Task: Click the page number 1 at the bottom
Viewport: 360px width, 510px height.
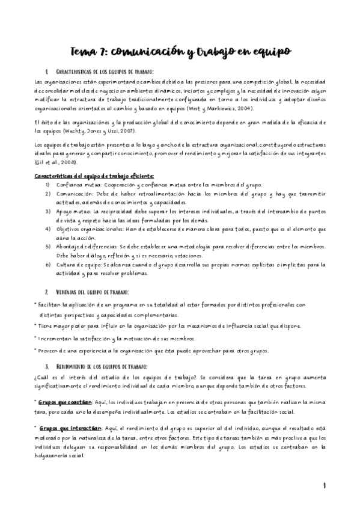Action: click(x=323, y=485)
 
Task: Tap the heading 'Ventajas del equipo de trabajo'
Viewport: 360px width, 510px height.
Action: click(x=91, y=291)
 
